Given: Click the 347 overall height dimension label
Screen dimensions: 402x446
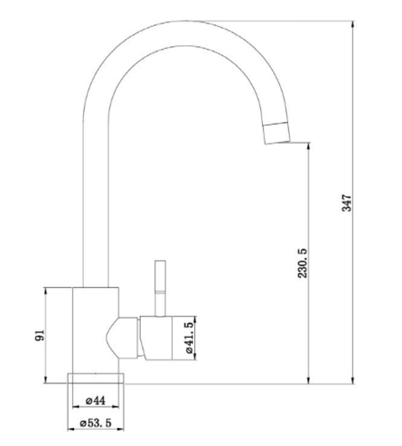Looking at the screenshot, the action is pyautogui.click(x=347, y=203).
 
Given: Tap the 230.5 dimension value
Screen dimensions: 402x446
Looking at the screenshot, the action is pyautogui.click(x=302, y=263).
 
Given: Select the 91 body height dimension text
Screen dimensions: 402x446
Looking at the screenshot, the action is pyautogui.click(x=39, y=335).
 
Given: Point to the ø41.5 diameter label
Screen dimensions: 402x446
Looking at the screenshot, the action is pyautogui.click(x=189, y=338).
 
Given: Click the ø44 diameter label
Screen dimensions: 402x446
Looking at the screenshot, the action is pyautogui.click(x=95, y=401).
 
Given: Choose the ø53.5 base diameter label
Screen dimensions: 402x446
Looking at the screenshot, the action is pyautogui.click(x=95, y=423).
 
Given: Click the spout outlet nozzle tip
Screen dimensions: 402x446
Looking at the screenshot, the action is pyautogui.click(x=276, y=133).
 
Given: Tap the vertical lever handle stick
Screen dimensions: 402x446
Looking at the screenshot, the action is pyautogui.click(x=160, y=288).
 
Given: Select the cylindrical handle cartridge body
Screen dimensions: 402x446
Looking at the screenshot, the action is pyautogui.click(x=156, y=338).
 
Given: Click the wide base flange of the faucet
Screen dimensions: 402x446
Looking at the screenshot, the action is pyautogui.click(x=95, y=378).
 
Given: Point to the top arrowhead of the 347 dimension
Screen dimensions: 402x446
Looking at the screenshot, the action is pyautogui.click(x=353, y=25).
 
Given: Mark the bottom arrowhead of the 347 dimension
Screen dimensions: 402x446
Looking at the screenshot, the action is pyautogui.click(x=353, y=380).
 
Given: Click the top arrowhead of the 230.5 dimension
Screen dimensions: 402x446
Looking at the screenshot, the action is pyautogui.click(x=308, y=147).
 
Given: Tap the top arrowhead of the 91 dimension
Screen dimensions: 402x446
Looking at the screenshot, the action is pyautogui.click(x=45, y=292).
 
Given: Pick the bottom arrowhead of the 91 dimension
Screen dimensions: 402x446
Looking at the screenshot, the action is pyautogui.click(x=45, y=379).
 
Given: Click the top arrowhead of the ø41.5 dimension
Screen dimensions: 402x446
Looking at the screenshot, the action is pyautogui.click(x=194, y=320).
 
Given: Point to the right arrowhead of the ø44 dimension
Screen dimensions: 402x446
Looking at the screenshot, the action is pyautogui.click(x=115, y=407).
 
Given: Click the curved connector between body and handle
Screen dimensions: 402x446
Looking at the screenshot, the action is pyautogui.click(x=122, y=338).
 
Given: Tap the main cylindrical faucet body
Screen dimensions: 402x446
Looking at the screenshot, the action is pyautogui.click(x=95, y=330).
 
